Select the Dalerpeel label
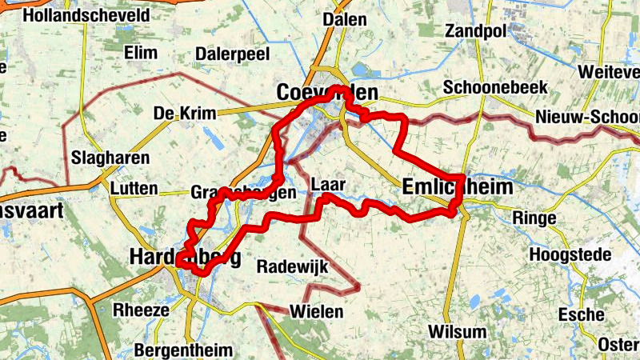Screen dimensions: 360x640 coord(232,54)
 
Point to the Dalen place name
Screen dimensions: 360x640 coord(345,19)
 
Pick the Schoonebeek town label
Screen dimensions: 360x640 coord(496,87)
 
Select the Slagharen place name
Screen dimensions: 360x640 coord(110,158)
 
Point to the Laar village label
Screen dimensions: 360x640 coord(328,185)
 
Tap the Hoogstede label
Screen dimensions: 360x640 coord(573,254)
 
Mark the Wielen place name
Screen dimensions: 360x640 coord(317,311)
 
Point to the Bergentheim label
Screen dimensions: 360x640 coord(183,350)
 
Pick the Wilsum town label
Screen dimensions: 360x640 coord(457,331)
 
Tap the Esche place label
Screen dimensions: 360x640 coord(581,314)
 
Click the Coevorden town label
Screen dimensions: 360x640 coord(326,94)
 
